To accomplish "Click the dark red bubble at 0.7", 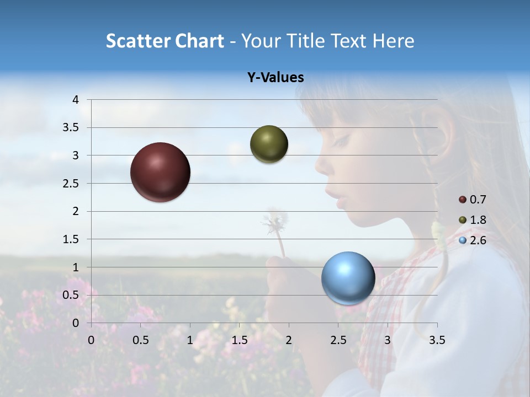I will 161,172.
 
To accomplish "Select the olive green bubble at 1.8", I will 269,144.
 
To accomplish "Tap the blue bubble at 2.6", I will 348,278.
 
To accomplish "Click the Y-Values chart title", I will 275,78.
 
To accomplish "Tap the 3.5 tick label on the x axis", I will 437,341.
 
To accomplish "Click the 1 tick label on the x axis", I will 190,341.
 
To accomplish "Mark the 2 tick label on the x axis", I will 289,341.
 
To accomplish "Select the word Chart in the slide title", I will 198,41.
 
